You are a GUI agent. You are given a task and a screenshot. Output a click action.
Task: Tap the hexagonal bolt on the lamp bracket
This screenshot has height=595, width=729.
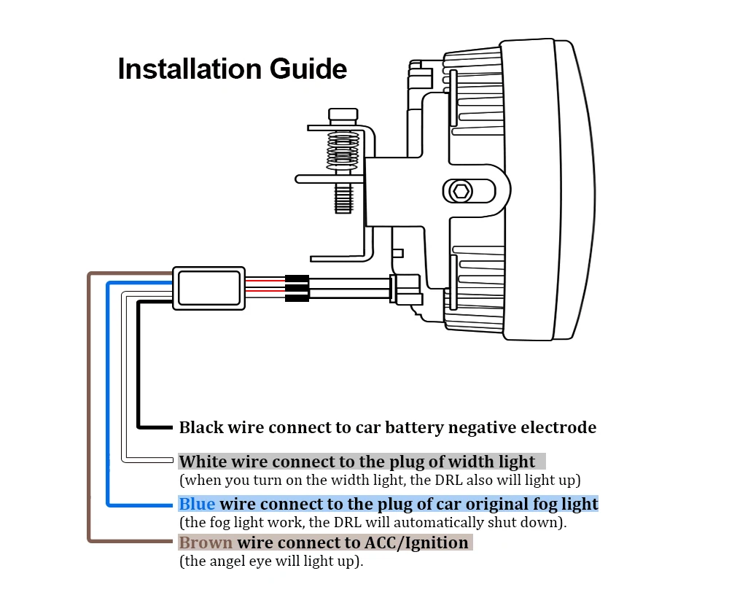coord(460,192)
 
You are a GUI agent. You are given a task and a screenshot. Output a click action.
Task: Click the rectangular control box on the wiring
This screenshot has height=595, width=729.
coord(208,288)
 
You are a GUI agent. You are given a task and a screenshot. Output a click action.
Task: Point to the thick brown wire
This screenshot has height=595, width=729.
coord(89,408)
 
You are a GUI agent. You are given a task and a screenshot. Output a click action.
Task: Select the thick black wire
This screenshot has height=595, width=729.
coord(138,365)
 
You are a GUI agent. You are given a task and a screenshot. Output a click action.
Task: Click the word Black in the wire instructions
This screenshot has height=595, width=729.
coord(201,427)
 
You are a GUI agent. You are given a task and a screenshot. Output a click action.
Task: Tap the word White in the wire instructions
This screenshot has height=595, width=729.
coord(203,462)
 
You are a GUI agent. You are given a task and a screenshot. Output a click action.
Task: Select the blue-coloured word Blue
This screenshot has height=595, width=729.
coord(197,504)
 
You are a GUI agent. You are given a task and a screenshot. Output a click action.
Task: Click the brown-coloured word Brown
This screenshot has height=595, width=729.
coord(206,542)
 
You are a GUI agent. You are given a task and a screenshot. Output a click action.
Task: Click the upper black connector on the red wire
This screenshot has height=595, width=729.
coord(296,279)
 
